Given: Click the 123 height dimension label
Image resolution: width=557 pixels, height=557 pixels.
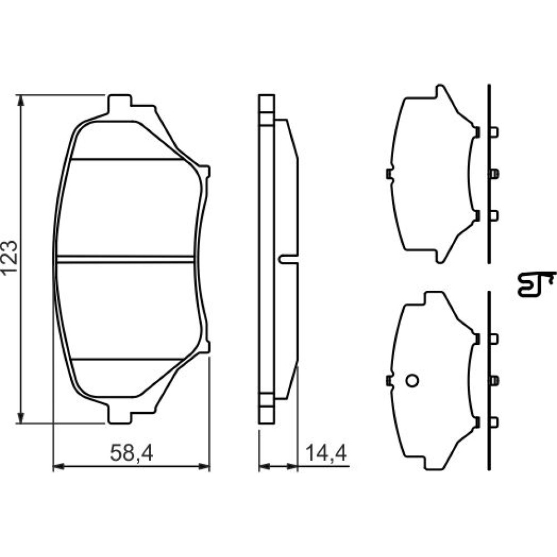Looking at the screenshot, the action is [9, 257].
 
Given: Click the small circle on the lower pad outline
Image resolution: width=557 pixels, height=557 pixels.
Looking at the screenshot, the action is [412, 380].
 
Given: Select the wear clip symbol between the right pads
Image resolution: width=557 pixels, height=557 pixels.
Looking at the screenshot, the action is [536, 284].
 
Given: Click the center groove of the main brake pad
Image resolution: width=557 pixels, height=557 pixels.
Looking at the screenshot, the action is [125, 259].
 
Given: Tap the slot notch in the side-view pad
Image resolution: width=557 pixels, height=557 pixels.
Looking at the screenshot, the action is [288, 260].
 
